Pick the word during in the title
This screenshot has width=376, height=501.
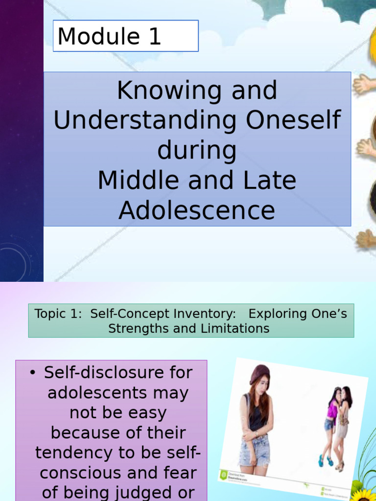click(x=197, y=151)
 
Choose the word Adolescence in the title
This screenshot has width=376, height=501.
click(x=197, y=211)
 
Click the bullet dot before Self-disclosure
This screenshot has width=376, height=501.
click(x=33, y=373)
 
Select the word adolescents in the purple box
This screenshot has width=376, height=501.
click(x=118, y=393)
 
